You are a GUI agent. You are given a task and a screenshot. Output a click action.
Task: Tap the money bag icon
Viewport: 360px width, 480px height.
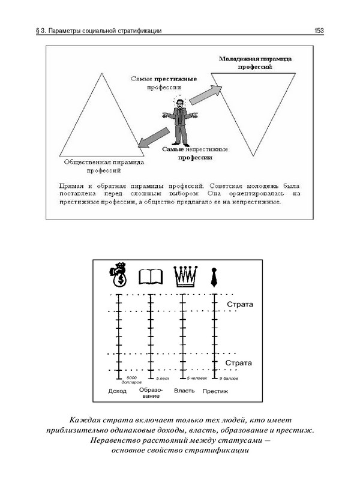pos(118,276)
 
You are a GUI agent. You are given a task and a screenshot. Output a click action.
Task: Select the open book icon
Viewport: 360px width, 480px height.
pos(151,277)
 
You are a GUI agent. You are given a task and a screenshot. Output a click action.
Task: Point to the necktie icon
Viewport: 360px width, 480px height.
pos(214,277)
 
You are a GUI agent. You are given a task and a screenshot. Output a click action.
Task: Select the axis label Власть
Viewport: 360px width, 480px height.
pos(184,391)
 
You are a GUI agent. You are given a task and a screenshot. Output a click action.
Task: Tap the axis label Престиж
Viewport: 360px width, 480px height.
pos(215,392)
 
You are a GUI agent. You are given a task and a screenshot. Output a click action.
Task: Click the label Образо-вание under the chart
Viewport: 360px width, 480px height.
pos(150,394)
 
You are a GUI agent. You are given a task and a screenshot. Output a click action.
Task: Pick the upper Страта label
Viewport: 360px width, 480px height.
pos(240,304)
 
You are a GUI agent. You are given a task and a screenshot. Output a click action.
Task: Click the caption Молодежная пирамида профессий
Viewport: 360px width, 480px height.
pos(256,64)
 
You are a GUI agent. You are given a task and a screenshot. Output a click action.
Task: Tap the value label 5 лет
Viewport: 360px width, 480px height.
pos(163,379)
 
